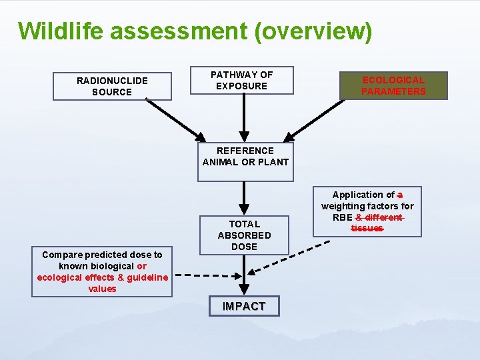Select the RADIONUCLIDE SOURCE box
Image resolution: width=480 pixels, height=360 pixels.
[112, 86]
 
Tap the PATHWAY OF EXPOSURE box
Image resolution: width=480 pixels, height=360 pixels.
[241, 80]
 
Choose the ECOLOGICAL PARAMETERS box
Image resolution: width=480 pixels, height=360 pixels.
[393, 85]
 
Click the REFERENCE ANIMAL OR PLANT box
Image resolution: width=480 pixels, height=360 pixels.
[245, 161]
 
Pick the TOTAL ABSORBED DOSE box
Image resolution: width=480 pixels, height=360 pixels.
[244, 235]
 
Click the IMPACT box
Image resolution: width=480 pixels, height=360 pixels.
[244, 306]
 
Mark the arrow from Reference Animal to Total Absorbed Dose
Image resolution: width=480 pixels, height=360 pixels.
[245, 198]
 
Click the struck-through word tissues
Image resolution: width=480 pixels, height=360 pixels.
[367, 228]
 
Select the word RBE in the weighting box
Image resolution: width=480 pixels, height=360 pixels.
[342, 217]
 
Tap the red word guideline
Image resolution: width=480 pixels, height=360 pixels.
[143, 277]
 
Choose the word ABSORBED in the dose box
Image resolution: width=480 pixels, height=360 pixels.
[244, 235]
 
